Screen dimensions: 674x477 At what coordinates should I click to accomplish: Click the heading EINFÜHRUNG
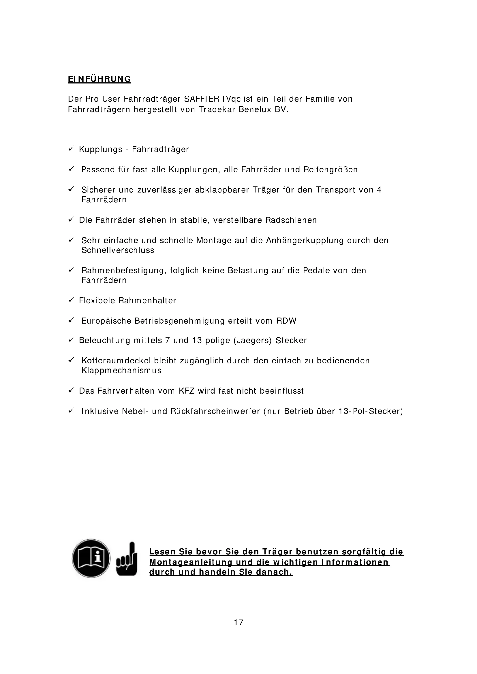coord(99,79)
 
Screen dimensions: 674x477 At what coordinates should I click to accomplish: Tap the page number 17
coord(238,622)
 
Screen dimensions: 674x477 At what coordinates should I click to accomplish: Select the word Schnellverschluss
coord(118,250)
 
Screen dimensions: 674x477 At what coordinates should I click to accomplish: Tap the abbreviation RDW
coord(286,320)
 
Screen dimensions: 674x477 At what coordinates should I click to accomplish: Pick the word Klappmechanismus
coord(121,370)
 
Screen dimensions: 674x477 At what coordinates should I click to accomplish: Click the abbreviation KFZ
coord(187,391)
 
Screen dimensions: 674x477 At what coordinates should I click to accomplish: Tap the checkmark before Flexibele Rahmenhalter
coord(71,300)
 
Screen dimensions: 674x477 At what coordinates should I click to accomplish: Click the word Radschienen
coord(291,220)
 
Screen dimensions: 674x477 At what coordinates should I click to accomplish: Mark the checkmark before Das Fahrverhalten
coord(71,390)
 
